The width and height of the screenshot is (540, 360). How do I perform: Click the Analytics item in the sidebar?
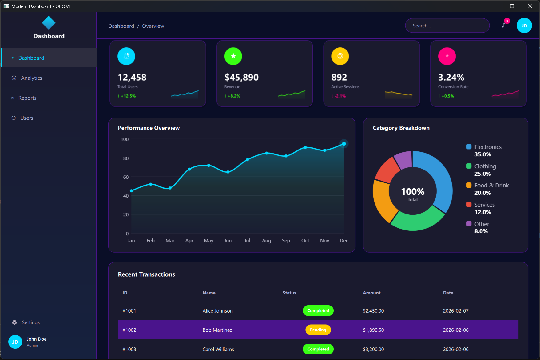(x=31, y=78)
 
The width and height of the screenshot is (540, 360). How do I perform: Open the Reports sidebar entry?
(x=27, y=98)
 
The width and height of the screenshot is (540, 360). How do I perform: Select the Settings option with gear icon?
(x=30, y=322)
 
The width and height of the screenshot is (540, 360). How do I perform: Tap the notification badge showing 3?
(x=507, y=21)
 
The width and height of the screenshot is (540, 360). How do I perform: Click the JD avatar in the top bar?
(x=524, y=26)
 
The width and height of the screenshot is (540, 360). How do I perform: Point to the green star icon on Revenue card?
(x=233, y=56)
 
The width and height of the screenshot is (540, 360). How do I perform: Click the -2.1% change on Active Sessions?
(x=340, y=96)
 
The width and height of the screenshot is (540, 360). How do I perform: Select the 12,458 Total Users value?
(x=132, y=77)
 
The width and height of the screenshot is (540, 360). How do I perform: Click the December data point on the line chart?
(x=344, y=144)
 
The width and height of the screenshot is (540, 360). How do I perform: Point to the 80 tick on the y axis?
(x=126, y=158)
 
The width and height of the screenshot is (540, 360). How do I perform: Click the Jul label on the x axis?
(x=247, y=241)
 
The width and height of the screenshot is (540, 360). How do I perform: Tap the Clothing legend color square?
(x=469, y=166)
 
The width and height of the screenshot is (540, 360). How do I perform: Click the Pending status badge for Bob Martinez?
(x=318, y=330)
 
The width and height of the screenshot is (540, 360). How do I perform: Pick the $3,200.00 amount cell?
(x=373, y=350)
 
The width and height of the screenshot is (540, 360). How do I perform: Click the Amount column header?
(x=371, y=293)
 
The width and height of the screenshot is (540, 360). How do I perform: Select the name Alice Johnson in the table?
(x=217, y=311)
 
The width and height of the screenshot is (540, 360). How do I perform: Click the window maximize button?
(x=512, y=6)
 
